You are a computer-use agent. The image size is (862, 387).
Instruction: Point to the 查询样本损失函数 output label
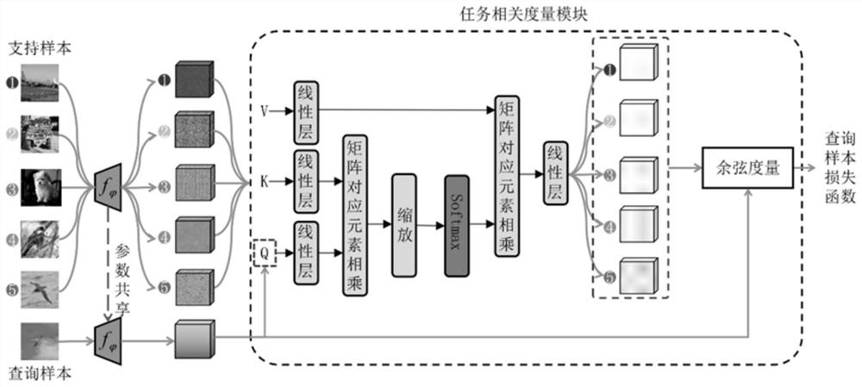(840, 169)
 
